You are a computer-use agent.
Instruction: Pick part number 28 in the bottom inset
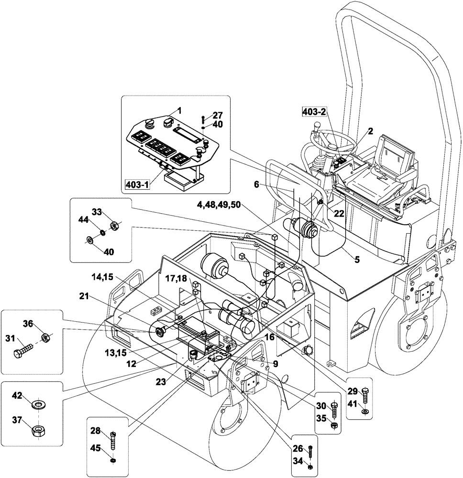(x=96, y=431)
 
